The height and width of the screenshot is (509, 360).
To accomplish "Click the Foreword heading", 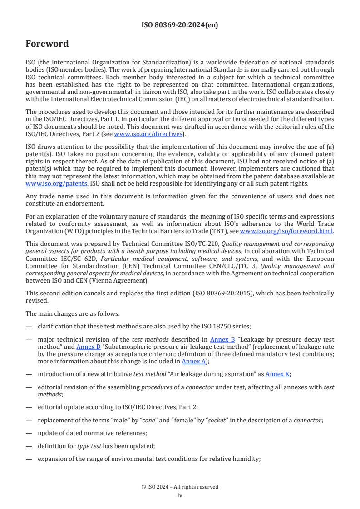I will click(47, 44).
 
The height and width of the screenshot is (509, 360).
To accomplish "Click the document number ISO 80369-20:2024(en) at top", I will click(180, 25).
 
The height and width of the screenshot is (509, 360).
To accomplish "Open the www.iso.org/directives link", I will click(148, 134).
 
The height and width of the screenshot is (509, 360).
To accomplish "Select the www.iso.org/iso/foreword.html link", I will click(286, 231).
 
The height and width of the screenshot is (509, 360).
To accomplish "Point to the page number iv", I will click(180, 495).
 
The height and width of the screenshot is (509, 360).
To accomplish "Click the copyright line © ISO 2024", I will click(180, 487).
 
